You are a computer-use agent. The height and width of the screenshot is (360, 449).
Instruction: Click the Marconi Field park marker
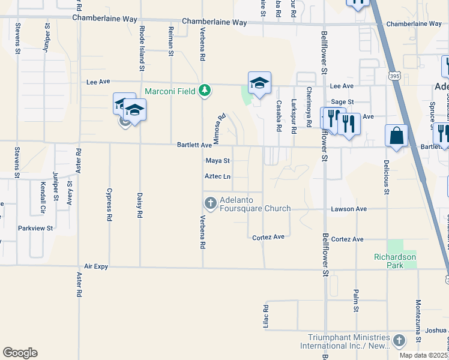coord(205,91)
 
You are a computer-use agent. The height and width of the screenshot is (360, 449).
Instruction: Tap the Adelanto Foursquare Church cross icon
coord(210,203)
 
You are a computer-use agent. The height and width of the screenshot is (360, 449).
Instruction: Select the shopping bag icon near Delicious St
coord(396,136)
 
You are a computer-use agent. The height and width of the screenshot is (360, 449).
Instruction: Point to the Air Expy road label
coord(97,266)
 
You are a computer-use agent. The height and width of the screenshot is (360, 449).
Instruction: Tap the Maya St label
coord(218,161)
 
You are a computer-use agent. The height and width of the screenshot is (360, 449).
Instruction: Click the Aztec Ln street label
coord(217,176)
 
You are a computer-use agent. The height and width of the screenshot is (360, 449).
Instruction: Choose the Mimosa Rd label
coord(219,128)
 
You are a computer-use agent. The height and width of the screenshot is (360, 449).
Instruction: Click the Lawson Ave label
coord(349,209)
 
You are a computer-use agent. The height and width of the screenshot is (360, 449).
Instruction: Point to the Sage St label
coord(342,103)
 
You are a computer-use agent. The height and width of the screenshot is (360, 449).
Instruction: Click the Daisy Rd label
coord(139,205)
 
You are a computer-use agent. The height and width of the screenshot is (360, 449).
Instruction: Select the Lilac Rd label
coord(265,316)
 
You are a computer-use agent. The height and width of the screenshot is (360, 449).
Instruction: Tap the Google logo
coord(20,353)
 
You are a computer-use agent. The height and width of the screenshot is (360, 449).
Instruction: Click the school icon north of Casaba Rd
coord(259,83)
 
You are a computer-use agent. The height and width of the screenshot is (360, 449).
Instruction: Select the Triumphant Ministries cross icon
coord(399,341)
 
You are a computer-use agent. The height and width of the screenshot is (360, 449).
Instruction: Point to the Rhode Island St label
coord(142,40)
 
